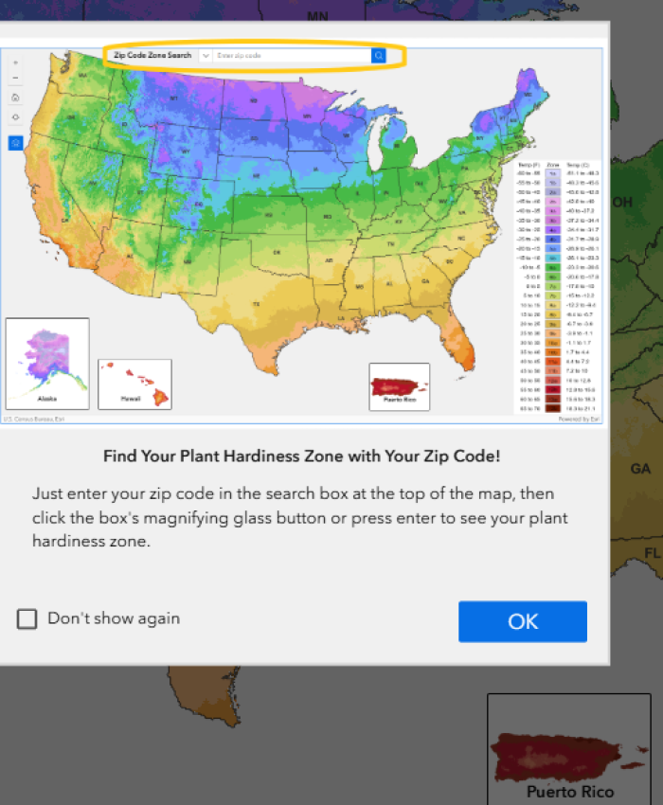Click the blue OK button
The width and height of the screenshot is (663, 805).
(523, 621)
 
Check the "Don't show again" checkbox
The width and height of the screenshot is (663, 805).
(27, 618)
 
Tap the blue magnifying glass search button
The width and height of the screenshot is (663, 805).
(379, 56)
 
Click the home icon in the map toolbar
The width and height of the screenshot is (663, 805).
(16, 98)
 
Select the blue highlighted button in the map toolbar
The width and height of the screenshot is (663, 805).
(16, 142)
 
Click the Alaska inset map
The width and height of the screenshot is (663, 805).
(47, 364)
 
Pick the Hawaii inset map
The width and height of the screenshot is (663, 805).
(134, 385)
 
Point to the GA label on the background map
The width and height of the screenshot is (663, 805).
(641, 469)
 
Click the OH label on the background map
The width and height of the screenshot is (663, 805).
(622, 203)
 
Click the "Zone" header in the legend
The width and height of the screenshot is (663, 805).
(553, 165)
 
